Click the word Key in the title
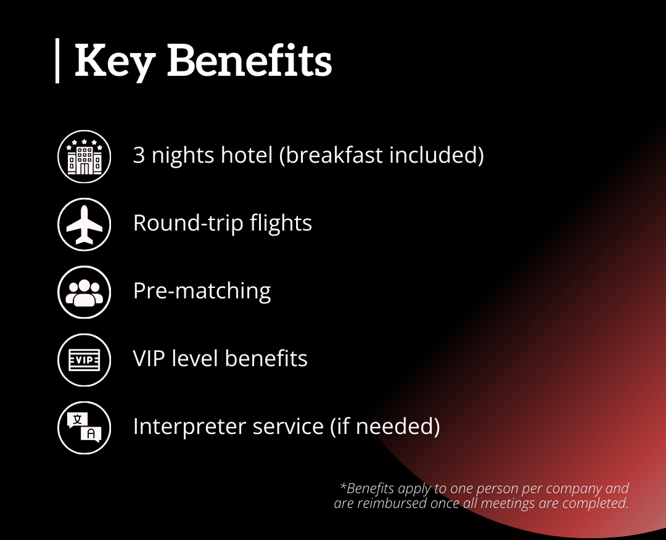pos(115,62)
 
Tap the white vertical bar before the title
pos(57,60)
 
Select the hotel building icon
pos(84,157)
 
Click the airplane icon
pos(84,224)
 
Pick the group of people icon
pos(84,292)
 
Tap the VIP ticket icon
pos(84,360)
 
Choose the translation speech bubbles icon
pos(84,428)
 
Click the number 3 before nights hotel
pos(139,155)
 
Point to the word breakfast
pos(334,155)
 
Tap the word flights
pos(281,223)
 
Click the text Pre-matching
pos(202,291)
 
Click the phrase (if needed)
pos(385,426)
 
